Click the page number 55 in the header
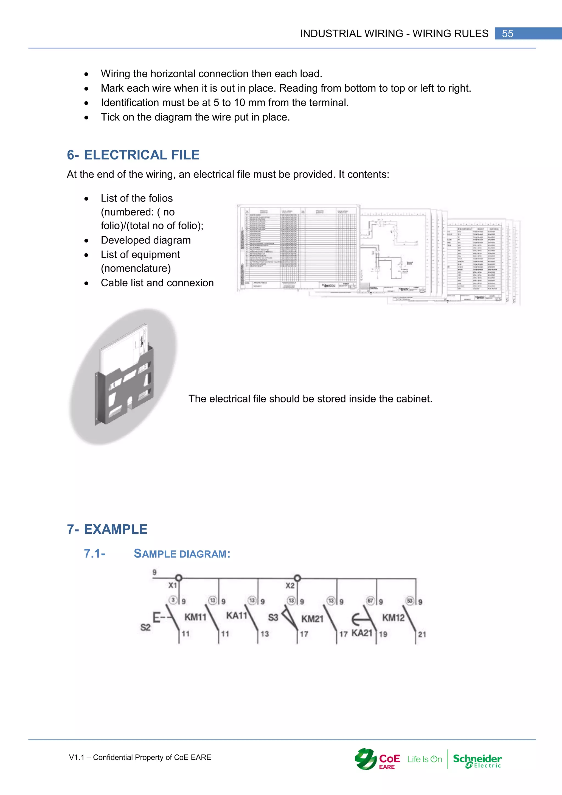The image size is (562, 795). [507, 33]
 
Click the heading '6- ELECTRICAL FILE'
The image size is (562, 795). [133, 155]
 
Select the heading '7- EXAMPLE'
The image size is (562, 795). [107, 529]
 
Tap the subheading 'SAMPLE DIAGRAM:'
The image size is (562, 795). [182, 554]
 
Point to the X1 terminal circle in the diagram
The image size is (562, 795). [179, 578]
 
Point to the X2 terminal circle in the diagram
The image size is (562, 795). [297, 578]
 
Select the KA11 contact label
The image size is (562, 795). [237, 615]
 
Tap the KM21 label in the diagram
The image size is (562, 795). [312, 618]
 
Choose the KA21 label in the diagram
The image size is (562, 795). [362, 633]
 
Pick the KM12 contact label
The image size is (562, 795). [393, 617]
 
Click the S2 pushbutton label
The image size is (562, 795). [146, 627]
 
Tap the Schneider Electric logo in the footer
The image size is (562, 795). [477, 760]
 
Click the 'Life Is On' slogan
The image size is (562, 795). [425, 759]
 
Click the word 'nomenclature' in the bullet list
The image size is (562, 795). [136, 268]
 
